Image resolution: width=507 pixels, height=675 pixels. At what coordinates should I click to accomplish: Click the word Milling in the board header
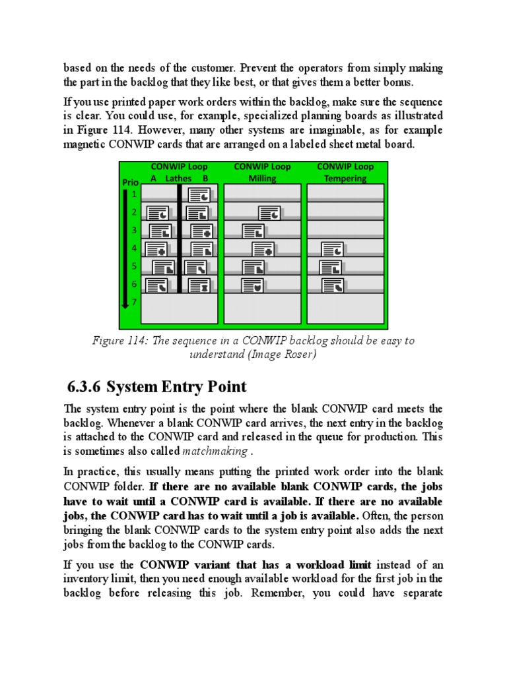pos(262,178)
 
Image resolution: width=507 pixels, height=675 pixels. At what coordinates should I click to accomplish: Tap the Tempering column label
pos(345,178)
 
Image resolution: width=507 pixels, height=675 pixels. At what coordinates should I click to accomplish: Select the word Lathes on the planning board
pos(178,178)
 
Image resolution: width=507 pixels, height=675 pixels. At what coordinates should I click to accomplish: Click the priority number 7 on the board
pos(134,302)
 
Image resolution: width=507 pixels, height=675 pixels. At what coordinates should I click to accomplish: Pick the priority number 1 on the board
pos(134,194)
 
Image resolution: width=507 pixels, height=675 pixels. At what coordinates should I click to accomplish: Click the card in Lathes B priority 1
pos(199,194)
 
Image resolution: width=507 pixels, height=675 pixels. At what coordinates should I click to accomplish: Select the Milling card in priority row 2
pos(269,213)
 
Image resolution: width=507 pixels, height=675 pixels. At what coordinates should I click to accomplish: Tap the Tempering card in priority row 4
pos(332,249)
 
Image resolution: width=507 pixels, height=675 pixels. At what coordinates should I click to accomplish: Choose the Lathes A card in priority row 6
pos(156,285)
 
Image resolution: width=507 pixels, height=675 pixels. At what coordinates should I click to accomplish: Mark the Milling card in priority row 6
pos(253,285)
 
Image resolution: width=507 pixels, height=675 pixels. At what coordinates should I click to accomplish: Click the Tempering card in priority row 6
pos(332,285)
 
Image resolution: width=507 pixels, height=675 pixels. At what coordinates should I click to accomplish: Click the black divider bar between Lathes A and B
pos(179,237)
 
